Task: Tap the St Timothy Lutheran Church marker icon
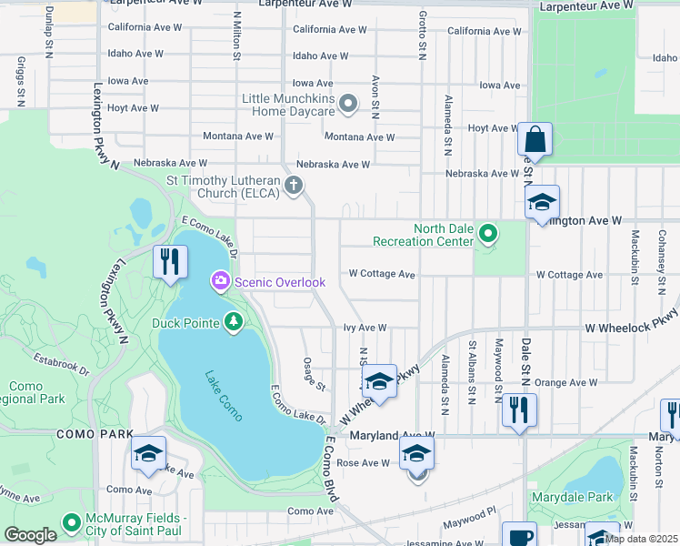pos(293,187)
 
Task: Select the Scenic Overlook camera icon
pos(220,282)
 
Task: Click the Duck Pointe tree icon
pos(234,321)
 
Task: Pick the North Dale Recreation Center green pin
pos(488,235)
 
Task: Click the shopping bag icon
pos(535,141)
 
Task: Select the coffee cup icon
pos(521,537)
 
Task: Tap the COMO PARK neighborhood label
pos(95,435)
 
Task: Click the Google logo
pos(30,535)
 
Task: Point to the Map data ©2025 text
pos(641,539)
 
